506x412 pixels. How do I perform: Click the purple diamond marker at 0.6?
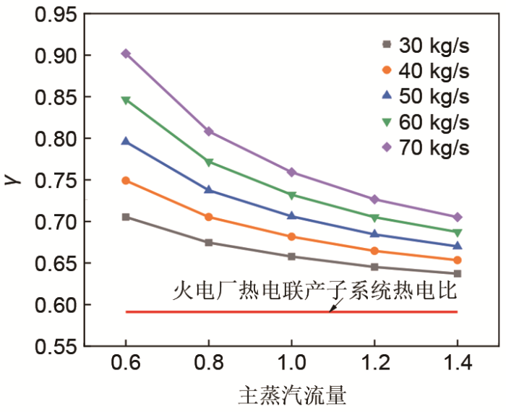(x=126, y=53)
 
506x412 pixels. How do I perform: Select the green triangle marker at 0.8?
(x=208, y=162)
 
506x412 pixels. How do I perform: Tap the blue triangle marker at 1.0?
(x=291, y=216)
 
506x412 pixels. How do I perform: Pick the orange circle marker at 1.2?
(x=374, y=251)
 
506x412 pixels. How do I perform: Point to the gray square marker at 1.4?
(x=457, y=273)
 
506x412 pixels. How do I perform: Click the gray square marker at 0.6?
(x=126, y=217)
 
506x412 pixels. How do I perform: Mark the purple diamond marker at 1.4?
(x=457, y=217)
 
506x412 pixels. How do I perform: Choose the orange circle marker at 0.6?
(x=126, y=181)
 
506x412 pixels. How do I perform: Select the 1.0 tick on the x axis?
(x=291, y=366)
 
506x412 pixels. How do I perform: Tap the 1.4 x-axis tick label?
(x=457, y=366)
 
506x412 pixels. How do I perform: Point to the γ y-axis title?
(x=15, y=180)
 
